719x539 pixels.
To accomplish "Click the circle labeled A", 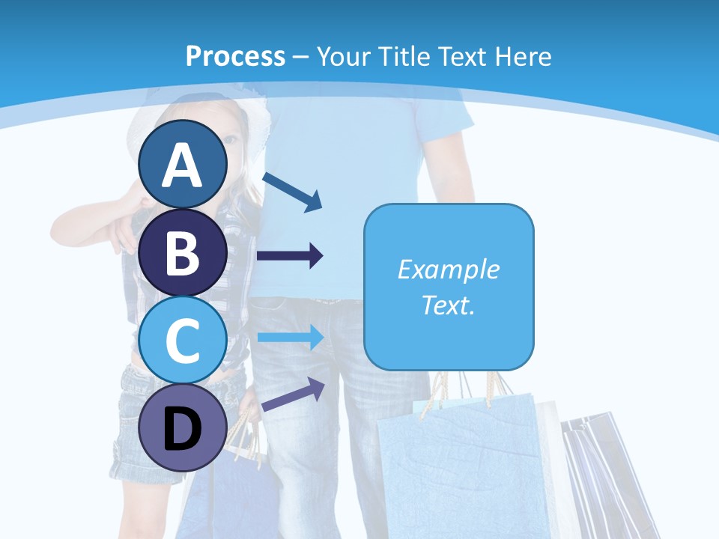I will point(183,165).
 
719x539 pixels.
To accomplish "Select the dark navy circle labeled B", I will point(183,252).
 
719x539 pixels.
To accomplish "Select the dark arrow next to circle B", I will point(290,256).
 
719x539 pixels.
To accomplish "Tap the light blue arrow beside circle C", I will point(290,338).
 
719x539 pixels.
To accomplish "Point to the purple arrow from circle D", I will point(293,395).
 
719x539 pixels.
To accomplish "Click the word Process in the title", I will point(235,56).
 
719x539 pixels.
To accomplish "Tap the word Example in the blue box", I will point(448,269).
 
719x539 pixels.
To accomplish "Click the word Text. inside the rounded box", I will point(448,305).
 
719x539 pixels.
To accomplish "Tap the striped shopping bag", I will point(599,472).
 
